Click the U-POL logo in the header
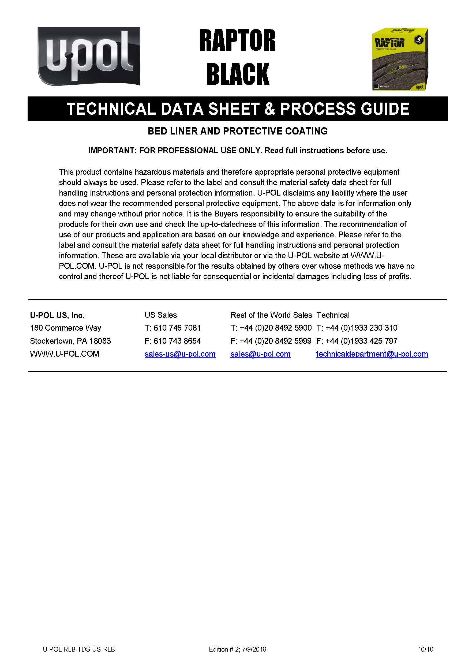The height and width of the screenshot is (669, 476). (88, 56)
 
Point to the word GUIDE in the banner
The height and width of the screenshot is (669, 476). (385, 109)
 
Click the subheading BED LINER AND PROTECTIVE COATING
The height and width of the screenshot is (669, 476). (237, 131)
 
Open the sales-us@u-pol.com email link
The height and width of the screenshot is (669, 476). (180, 354)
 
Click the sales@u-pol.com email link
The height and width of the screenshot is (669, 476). (260, 354)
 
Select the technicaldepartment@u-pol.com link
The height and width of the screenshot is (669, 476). (372, 354)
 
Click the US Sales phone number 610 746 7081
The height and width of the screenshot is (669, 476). (177, 328)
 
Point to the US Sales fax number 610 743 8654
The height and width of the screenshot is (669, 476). (177, 341)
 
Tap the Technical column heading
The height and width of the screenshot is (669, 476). (333, 315)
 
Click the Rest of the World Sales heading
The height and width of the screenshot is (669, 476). (271, 315)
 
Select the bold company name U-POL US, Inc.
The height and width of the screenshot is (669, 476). (57, 315)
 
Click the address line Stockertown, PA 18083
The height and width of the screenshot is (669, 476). (70, 341)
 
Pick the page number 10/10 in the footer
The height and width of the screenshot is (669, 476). (426, 649)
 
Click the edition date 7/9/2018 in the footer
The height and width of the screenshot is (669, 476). (254, 649)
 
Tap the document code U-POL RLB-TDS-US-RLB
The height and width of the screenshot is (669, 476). (79, 649)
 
